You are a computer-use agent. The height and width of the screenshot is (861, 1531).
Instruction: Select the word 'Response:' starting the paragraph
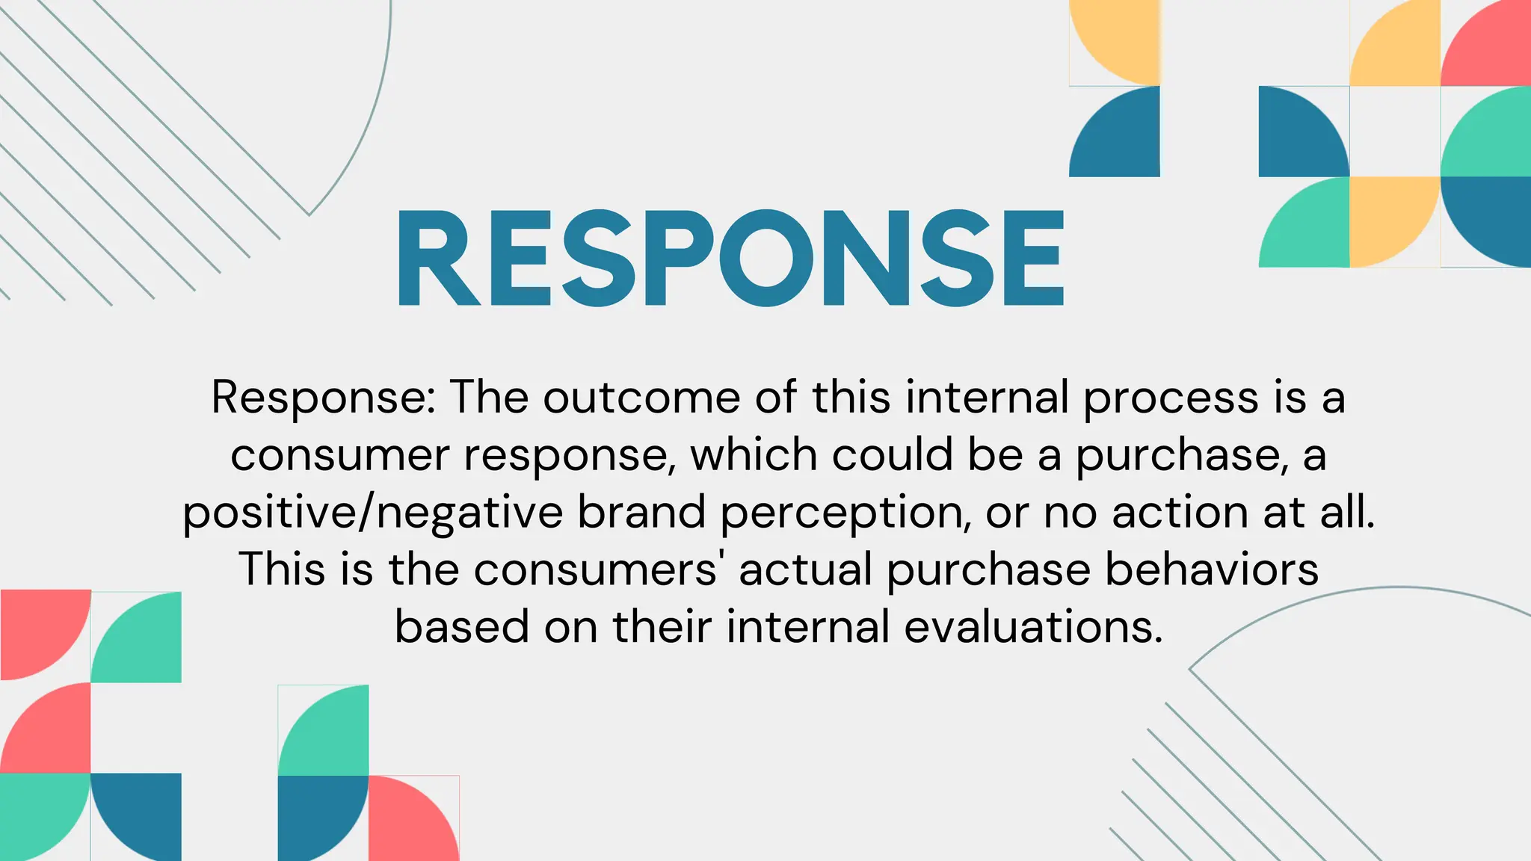323,397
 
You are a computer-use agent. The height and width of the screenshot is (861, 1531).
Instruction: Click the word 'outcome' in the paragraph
641,397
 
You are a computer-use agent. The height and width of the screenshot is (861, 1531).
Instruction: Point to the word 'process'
1171,398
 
